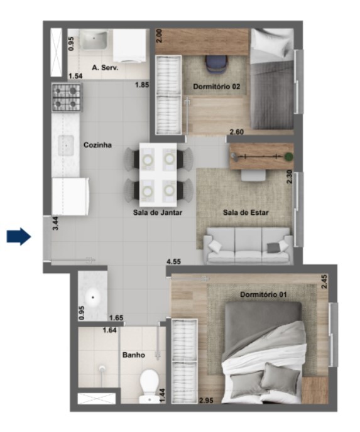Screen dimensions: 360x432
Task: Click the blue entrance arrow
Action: click(x=19, y=236)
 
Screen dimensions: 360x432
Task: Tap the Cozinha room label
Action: click(x=97, y=145)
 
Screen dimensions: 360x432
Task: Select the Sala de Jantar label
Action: click(x=158, y=212)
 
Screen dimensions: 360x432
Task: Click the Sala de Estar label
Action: click(x=246, y=212)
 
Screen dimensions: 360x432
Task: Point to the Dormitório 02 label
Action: click(x=216, y=87)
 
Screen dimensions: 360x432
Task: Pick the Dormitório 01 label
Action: click(x=263, y=294)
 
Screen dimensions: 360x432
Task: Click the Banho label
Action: click(x=134, y=355)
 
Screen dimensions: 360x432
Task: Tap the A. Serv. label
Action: click(x=105, y=68)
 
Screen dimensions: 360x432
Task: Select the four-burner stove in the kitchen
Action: click(x=67, y=97)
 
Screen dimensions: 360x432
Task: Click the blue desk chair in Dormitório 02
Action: click(x=217, y=64)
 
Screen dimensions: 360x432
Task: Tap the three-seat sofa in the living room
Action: click(x=248, y=246)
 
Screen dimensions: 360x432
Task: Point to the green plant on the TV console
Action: click(x=288, y=157)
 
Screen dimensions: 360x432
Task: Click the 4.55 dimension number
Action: click(x=173, y=261)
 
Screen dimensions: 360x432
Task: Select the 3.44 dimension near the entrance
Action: click(x=55, y=224)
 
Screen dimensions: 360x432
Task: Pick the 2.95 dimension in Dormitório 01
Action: click(x=206, y=401)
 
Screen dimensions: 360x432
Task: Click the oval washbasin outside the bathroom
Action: click(x=93, y=298)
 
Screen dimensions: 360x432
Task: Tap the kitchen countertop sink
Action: click(x=66, y=145)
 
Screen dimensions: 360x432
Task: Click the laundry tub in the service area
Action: click(x=94, y=40)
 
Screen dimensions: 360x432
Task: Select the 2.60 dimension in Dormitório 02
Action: click(x=237, y=132)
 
